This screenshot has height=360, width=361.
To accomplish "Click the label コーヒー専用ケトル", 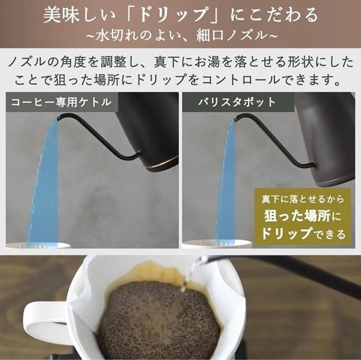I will tap(61, 101).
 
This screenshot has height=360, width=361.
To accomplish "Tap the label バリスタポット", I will tap(228, 101).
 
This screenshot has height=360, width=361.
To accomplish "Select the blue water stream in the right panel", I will tap(226, 190).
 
